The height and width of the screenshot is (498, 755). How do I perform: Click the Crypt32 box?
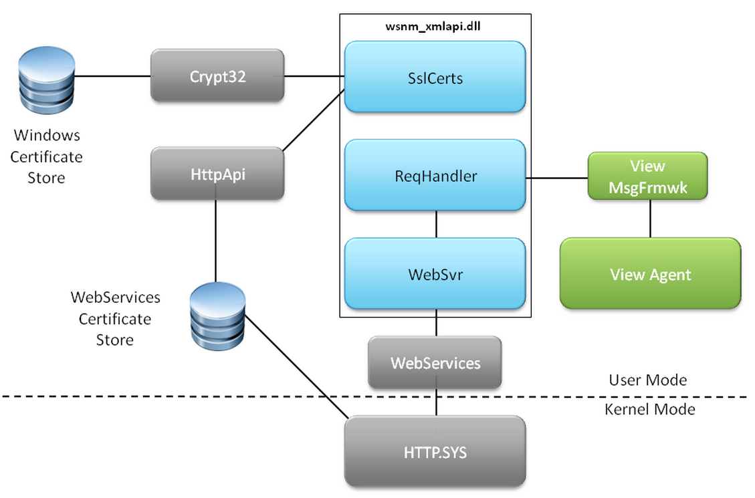coord(217,76)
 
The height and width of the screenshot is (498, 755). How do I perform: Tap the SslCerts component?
coord(435,78)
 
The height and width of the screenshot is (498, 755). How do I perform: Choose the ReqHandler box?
coord(435,176)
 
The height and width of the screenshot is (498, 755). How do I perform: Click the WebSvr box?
coord(435,274)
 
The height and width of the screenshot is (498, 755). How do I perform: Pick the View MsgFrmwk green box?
coord(647,176)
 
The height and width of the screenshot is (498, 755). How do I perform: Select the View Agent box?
coord(650,274)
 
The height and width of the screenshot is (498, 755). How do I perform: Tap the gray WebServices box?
coord(435,363)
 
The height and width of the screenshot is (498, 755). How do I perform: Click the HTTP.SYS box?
coord(435,452)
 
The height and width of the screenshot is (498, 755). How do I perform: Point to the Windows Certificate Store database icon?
coord(46,84)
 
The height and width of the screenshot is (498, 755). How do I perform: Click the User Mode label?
coord(647,380)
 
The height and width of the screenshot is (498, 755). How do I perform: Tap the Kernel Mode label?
coord(649,409)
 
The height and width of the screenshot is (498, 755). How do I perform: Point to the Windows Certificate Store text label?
coord(46,156)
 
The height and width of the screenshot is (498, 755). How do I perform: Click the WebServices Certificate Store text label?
coord(115,318)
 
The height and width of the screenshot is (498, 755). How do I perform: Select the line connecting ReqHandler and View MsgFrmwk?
coord(556,178)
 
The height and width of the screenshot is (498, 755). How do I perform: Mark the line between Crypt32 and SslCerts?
coord(314,76)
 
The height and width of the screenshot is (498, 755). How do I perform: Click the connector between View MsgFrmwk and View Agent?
coord(650,219)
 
